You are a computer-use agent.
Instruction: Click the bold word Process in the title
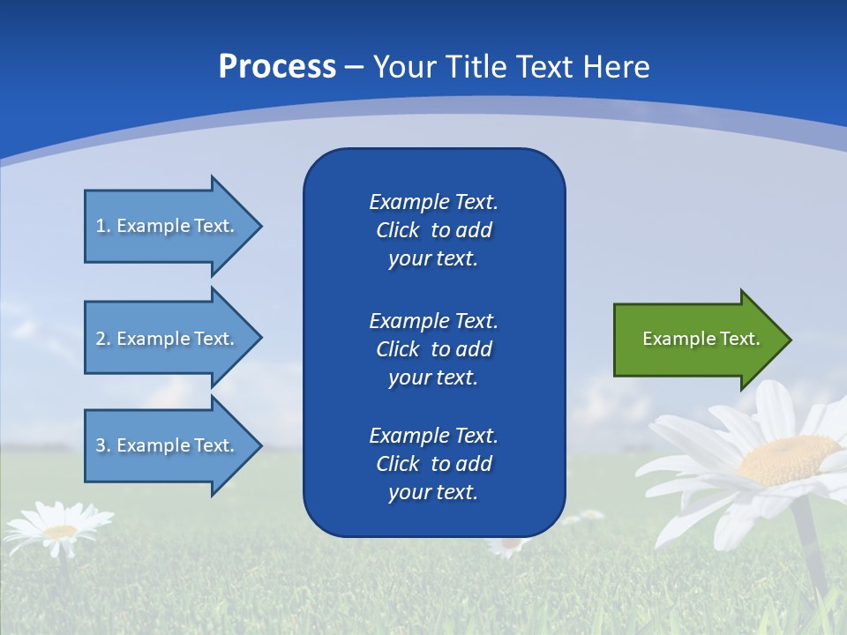pos(277,67)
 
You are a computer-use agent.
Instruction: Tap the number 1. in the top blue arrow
pos(103,226)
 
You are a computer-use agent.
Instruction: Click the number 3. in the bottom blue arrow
pos(103,445)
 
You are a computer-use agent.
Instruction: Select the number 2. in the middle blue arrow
pos(103,339)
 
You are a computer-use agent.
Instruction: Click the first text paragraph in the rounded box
pos(433,230)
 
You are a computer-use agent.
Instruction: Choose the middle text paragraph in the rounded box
pos(433,349)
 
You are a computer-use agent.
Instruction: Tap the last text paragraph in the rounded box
pos(433,464)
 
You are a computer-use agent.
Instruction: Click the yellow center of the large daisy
pos(788,459)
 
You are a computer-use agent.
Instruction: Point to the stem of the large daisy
pos(811,547)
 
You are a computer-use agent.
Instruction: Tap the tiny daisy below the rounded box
pos(507,546)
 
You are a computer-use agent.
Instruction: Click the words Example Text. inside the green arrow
pos(701,339)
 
